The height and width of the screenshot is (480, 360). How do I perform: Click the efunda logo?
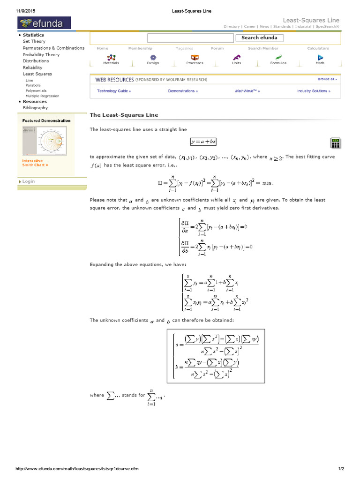44,22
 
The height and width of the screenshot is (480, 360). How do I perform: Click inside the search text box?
190,38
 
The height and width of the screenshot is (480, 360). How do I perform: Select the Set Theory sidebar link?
34,41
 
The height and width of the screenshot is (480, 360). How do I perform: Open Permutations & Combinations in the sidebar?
53,48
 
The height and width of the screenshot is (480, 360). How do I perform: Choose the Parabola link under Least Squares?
33,85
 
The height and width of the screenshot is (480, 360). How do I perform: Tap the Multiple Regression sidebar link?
42,96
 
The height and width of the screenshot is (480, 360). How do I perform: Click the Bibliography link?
35,108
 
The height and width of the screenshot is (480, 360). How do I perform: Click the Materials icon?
111,57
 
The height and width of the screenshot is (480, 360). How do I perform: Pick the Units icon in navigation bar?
237,57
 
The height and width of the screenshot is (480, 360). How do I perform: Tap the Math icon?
320,57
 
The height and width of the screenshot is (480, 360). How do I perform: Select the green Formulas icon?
278,57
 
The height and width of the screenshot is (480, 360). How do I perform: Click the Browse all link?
327,79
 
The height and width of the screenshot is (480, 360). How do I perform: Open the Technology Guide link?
114,91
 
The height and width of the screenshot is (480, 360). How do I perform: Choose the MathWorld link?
247,91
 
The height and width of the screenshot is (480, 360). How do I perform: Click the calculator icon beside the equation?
335,143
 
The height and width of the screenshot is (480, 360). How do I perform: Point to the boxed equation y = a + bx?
203,141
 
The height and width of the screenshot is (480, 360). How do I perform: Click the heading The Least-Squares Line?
124,115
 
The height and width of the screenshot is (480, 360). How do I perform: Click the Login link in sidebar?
29,181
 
